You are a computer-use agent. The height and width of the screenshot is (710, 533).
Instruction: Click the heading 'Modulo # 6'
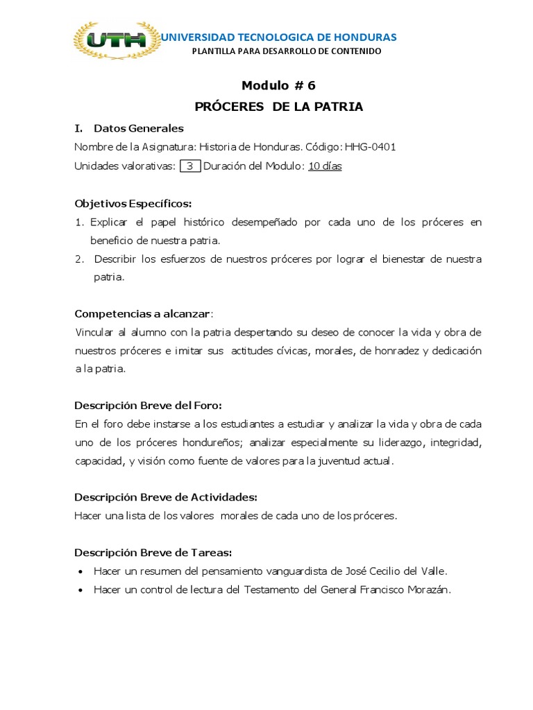coord(278,85)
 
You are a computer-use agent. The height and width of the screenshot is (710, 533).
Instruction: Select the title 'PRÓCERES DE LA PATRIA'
coord(278,107)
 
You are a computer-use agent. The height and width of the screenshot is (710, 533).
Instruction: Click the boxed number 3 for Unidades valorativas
coord(189,166)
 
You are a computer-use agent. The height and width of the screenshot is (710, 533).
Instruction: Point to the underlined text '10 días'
coord(325,166)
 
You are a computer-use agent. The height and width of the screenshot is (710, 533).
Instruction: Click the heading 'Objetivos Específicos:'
coord(133,203)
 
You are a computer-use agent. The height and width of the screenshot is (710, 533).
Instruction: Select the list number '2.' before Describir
coord(80,259)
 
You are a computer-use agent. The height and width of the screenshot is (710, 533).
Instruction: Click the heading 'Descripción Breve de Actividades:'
coord(166,497)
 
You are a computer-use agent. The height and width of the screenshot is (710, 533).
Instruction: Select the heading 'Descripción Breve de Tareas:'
coord(153,553)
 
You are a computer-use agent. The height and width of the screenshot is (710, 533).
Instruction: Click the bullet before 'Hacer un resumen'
coord(81,572)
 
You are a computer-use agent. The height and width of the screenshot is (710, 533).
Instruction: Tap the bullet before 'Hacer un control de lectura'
coord(81,591)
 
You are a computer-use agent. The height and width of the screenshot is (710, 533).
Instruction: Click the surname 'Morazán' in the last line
coord(428,590)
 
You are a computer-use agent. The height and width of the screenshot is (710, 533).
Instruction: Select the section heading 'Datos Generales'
coord(139,128)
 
